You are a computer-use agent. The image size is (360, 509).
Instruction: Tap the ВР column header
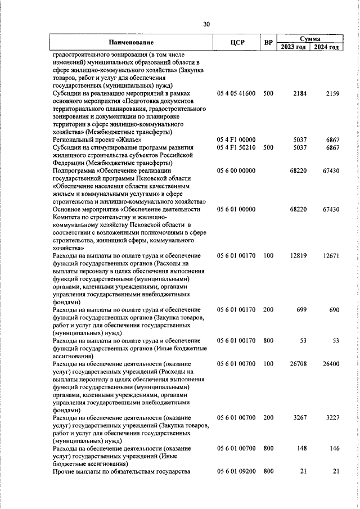[x=268, y=43]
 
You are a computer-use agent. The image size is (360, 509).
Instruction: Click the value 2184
[x=299, y=93]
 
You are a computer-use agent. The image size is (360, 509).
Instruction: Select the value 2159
[x=332, y=93]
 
